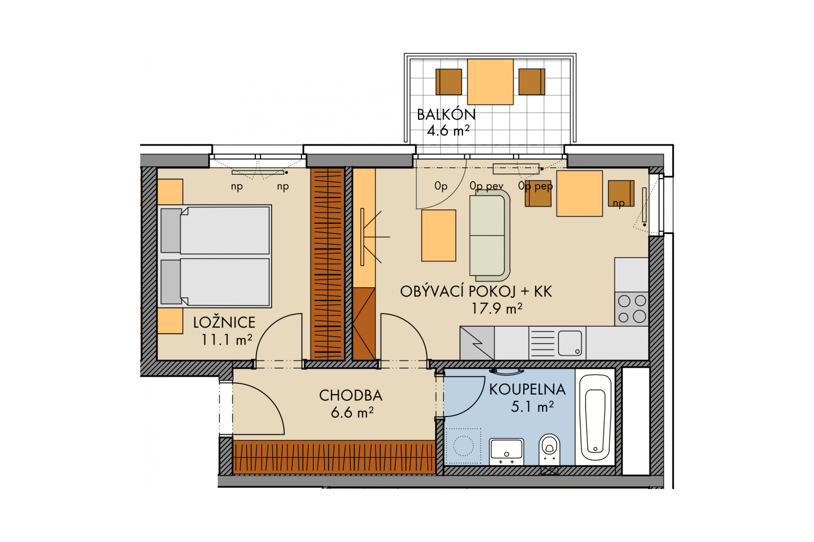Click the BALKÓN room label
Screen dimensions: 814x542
(x=446, y=115)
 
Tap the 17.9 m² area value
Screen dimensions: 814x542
(x=497, y=309)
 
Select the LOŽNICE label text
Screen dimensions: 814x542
(x=224, y=322)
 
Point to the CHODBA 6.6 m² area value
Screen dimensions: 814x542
(x=352, y=412)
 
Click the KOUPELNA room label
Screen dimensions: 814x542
(x=527, y=390)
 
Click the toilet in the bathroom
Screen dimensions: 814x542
(x=550, y=449)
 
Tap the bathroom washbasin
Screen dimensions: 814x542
(x=507, y=451)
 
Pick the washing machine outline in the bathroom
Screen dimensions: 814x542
(x=463, y=446)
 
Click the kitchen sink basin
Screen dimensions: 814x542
(x=570, y=343)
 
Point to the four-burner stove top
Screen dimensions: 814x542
(x=632, y=309)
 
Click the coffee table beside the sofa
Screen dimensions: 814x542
(x=439, y=236)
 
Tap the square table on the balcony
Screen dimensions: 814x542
(x=490, y=82)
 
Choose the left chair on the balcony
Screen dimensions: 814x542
(x=449, y=82)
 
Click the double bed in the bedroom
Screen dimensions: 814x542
(x=215, y=256)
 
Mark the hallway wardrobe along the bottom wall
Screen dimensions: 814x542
(x=334, y=457)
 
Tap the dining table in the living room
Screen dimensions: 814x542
(x=580, y=194)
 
